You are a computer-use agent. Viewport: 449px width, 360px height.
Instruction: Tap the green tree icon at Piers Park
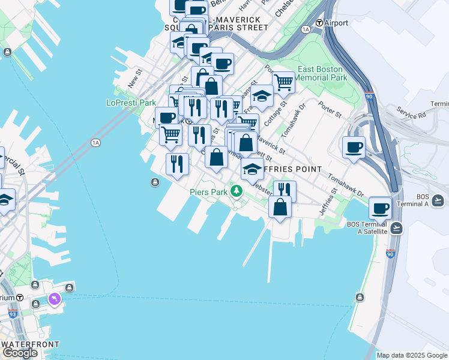coord(237,191)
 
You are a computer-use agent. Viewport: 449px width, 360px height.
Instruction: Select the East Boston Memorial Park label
coord(321,73)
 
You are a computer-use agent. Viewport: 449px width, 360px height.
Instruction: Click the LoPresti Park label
coord(131,103)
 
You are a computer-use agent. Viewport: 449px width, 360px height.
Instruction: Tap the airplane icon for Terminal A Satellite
coord(396,228)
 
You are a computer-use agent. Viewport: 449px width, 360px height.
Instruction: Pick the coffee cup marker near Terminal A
coord(380,208)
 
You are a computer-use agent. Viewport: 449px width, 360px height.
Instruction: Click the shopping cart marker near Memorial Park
coord(283,81)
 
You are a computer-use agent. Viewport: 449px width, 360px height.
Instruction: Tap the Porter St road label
coord(330,110)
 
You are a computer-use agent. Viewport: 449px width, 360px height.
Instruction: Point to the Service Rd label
coord(411,112)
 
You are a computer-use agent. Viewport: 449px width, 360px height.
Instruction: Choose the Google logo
coord(20,353)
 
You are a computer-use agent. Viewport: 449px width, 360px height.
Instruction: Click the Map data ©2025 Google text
coord(412,355)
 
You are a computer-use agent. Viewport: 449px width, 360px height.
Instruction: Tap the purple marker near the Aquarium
coord(55,298)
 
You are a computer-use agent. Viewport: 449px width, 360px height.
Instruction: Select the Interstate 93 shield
coord(13,313)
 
